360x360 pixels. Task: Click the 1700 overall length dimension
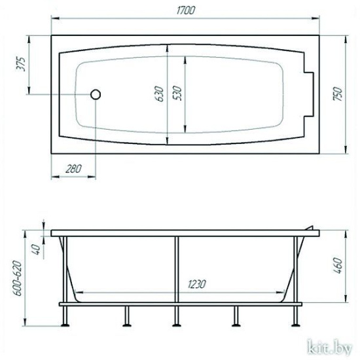coord(186,10)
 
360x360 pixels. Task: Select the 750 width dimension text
coord(338,94)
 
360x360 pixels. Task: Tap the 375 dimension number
coord(21,64)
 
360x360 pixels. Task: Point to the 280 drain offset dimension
coord(73,169)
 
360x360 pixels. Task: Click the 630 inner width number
coord(159,94)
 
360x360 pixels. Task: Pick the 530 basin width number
coord(177,93)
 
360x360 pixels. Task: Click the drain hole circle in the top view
coord(96,94)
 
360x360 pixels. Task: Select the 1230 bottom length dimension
coord(197,284)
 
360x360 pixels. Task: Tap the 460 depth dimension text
coord(338,266)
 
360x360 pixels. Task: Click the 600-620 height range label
coord(18,278)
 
